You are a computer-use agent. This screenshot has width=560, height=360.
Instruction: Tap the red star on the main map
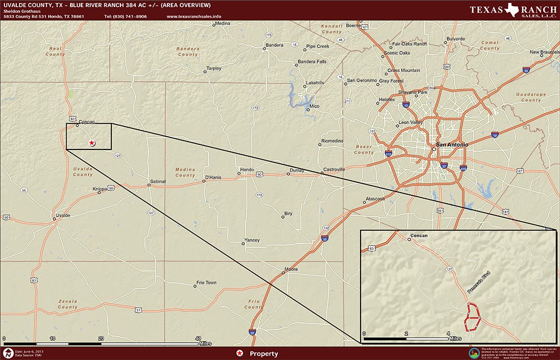[92, 143]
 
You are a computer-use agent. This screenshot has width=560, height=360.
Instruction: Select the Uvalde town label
[63, 215]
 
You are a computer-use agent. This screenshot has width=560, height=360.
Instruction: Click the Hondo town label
[247, 170]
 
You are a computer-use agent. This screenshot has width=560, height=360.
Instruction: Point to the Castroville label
[334, 170]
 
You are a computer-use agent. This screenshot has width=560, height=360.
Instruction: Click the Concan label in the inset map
[419, 236]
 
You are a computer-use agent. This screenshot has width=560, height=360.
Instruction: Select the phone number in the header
[125, 17]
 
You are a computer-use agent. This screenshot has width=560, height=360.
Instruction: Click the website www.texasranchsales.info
[194, 17]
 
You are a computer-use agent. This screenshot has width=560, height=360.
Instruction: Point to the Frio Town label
[206, 283]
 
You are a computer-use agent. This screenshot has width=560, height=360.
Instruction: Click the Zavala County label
[68, 304]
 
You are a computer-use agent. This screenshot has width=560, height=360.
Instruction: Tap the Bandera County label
[188, 52]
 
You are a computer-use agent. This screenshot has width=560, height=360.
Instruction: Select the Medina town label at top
[223, 24]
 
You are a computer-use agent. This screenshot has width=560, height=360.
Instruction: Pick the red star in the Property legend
[240, 353]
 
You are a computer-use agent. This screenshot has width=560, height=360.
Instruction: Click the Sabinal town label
[158, 181]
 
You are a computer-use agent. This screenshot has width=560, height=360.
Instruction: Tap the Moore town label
[291, 269]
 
